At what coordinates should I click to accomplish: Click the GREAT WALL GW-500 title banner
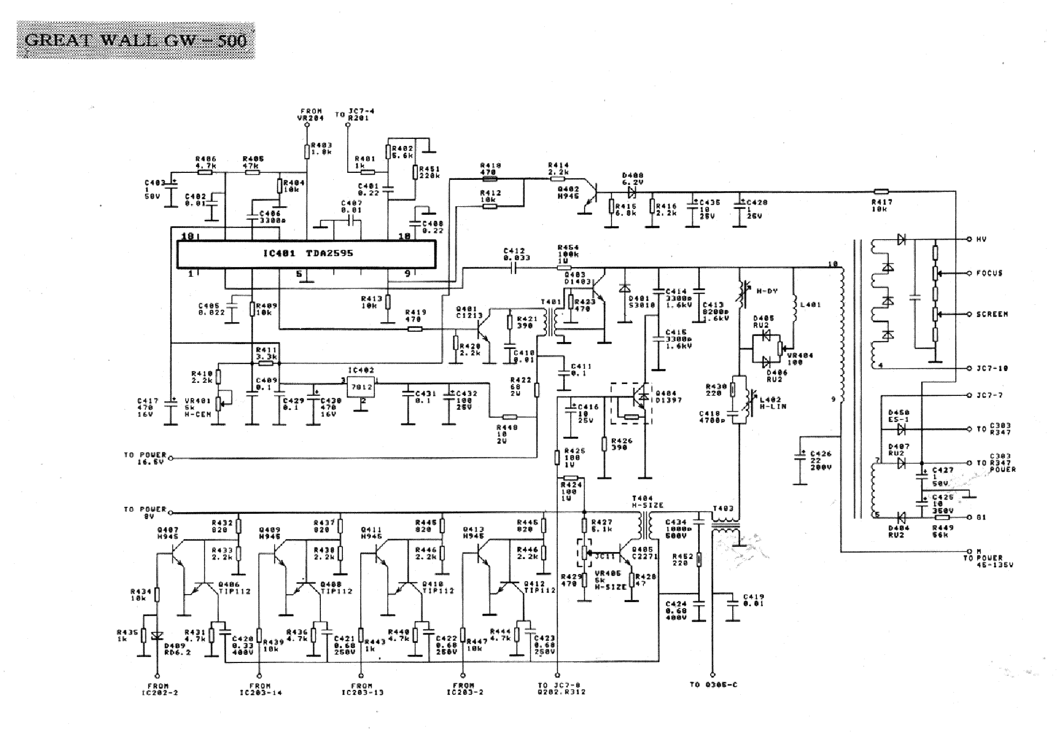coord(136,40)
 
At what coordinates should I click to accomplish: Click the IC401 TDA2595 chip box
coord(306,254)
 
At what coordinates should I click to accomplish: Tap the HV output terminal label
coord(981,239)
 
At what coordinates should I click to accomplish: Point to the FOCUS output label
coord(989,273)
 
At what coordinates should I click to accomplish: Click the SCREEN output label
coord(992,314)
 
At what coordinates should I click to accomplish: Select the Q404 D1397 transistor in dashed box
coord(631,403)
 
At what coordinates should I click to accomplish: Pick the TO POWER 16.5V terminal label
coord(145,458)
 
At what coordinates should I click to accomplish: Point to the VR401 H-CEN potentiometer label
coord(198,407)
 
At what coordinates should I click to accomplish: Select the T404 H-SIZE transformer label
coord(647,502)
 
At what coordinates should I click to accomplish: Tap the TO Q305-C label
coord(713,685)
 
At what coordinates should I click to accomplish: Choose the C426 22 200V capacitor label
coord(820,460)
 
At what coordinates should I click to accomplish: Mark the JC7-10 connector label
coord(992,368)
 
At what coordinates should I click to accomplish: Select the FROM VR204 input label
coord(311,114)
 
